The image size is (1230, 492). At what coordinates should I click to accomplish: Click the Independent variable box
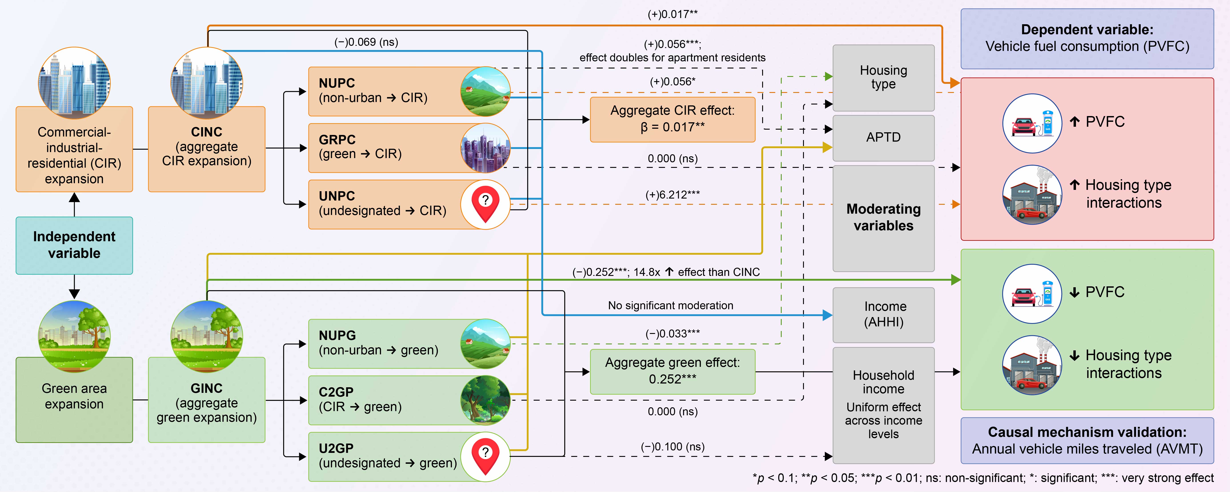[x=74, y=245]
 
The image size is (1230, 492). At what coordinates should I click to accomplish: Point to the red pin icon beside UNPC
[x=485, y=205]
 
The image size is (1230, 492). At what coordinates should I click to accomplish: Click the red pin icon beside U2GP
[x=485, y=457]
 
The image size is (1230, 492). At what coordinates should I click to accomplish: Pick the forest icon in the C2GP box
[x=485, y=400]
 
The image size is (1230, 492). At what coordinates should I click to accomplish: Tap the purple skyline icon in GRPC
[x=485, y=148]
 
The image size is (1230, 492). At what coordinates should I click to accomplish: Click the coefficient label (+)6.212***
[x=672, y=195]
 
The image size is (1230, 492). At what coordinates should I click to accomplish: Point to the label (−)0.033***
[x=672, y=333]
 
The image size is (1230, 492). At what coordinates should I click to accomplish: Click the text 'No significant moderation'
[x=670, y=306]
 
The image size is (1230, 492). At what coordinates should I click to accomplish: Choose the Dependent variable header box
[x=1087, y=38]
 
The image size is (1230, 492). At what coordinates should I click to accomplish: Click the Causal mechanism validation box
[x=1087, y=440]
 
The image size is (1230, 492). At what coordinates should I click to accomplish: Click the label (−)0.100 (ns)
[x=672, y=447]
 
